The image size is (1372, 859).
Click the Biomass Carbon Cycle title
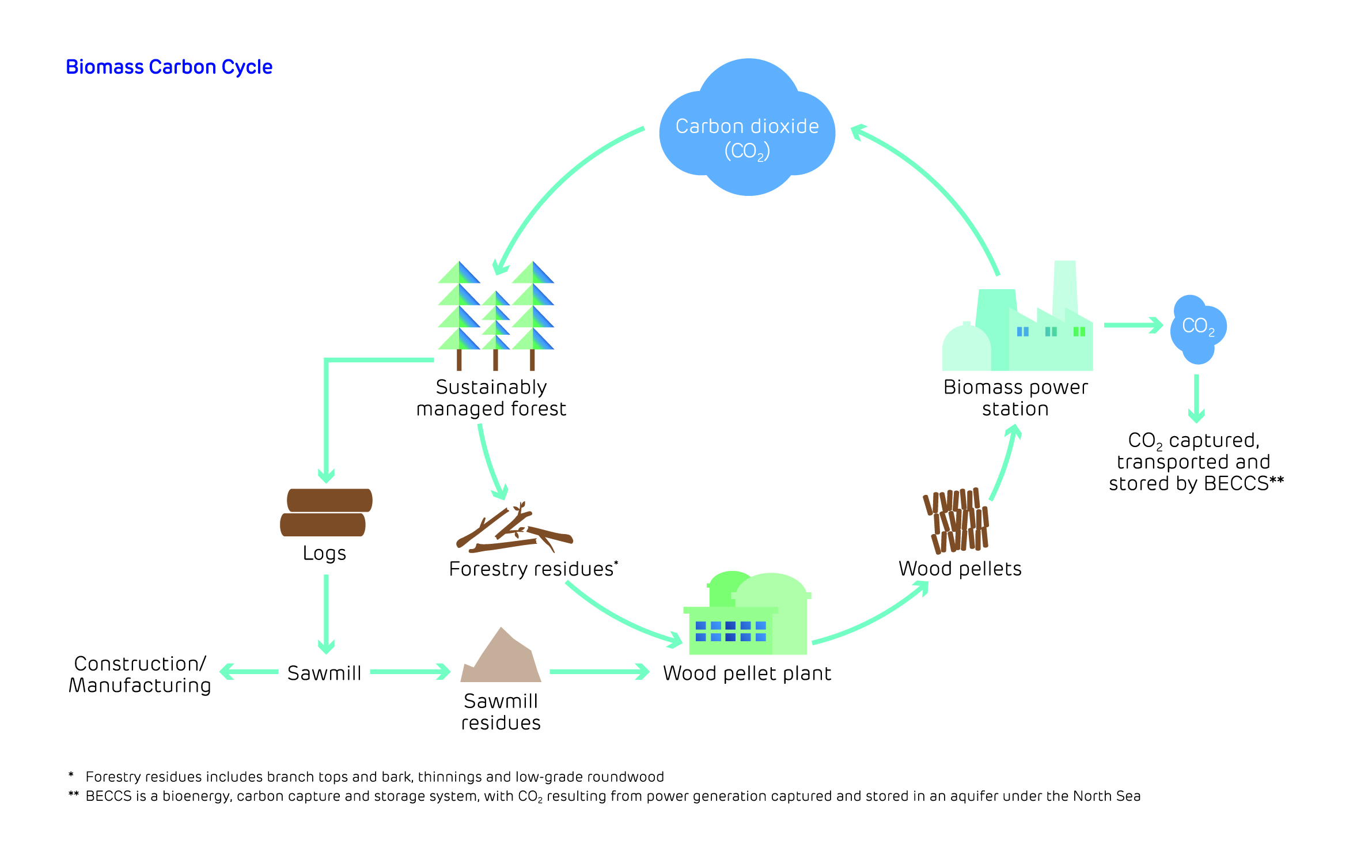coord(169,67)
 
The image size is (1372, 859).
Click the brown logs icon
coord(325,512)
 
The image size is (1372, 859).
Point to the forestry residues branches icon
coord(514,529)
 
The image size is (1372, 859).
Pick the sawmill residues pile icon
coord(501,657)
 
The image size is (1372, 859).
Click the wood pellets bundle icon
coord(956,521)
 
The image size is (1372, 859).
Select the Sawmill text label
coord(324,673)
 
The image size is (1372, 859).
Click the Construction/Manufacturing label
coord(140,674)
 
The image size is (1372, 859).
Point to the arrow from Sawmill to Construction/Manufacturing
coord(249,672)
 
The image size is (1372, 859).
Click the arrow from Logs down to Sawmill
coord(326,614)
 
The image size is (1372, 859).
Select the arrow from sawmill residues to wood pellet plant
coord(599,672)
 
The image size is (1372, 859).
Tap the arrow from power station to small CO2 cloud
coord(1132,326)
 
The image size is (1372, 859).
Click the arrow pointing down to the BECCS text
coord(1196,399)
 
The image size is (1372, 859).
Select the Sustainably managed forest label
coord(491,398)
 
